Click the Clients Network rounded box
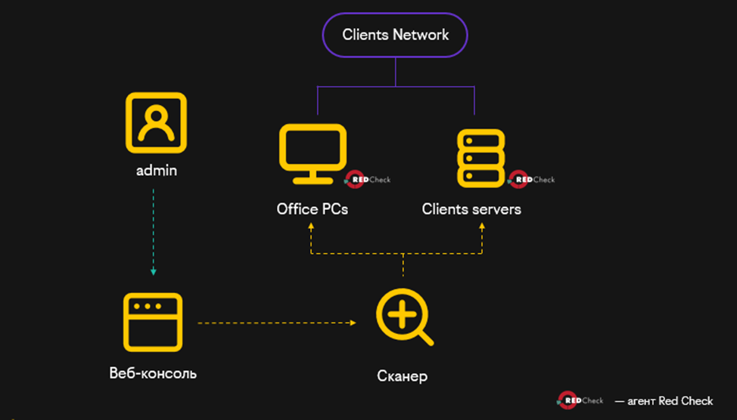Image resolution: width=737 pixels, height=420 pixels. [395, 35]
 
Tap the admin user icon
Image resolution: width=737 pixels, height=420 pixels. [156, 122]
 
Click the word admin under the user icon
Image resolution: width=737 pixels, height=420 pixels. [156, 170]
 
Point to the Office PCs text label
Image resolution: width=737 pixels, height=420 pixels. [313, 209]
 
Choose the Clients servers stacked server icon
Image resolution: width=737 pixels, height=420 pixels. [480, 157]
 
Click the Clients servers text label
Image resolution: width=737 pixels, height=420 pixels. [471, 209]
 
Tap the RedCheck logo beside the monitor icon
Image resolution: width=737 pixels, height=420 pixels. [368, 180]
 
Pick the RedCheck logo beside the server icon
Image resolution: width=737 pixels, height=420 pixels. [531, 180]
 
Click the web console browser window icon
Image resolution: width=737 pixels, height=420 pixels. [152, 323]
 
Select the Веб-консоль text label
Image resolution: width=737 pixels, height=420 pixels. [153, 372]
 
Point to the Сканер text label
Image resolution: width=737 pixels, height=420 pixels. [402, 375]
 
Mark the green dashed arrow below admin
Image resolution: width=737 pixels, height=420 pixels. [154, 230]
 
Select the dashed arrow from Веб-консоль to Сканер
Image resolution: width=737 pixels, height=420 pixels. [276, 323]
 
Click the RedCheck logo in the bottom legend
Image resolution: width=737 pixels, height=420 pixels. [580, 400]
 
